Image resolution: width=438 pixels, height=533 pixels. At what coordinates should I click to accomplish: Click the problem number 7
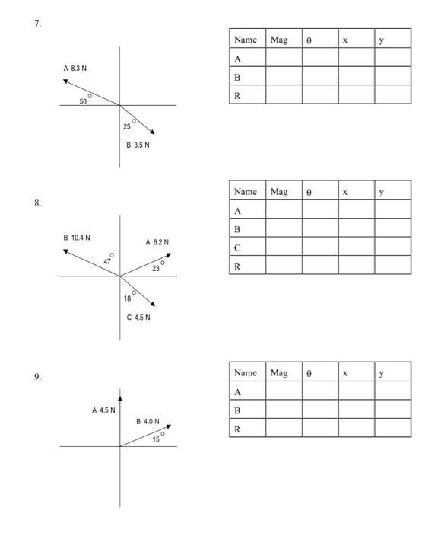pos(36,23)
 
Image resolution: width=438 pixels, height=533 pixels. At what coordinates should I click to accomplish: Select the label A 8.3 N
pos(77,69)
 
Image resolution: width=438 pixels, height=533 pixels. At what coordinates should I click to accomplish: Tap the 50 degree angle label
pos(83,101)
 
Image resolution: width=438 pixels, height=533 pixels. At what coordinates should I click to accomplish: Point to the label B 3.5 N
pos(136,145)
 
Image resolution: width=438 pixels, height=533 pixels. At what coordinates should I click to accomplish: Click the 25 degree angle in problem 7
pos(127,126)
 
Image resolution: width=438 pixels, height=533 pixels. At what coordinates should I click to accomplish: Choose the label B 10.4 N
pos(77,238)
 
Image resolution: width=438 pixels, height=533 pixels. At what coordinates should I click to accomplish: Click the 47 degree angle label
pos(107,261)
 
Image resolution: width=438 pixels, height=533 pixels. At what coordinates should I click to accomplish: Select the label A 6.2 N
pos(157,242)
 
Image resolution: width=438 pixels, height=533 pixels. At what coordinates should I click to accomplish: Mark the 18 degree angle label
pos(128,298)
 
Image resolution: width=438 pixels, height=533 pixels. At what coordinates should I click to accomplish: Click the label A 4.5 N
pos(103,410)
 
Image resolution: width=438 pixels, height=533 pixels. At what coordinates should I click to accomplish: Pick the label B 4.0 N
pos(148,420)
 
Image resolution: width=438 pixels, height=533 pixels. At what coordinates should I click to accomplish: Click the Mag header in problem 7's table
pos(280,39)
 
